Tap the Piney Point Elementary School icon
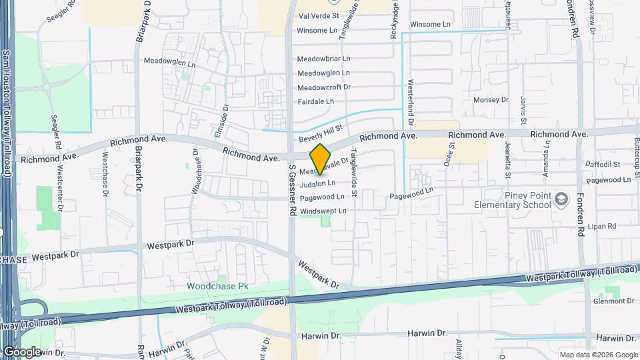pyautogui.click(x=562, y=199)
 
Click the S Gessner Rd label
pyautogui.click(x=292, y=191)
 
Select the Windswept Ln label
pyautogui.click(x=323, y=211)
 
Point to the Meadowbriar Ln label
pyautogui.click(x=323, y=59)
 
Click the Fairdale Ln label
pyautogui.click(x=315, y=101)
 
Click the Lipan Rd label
pyautogui.click(x=601, y=227)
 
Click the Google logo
pyautogui.click(x=22, y=351)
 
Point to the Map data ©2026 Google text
pyautogui.click(x=598, y=355)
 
